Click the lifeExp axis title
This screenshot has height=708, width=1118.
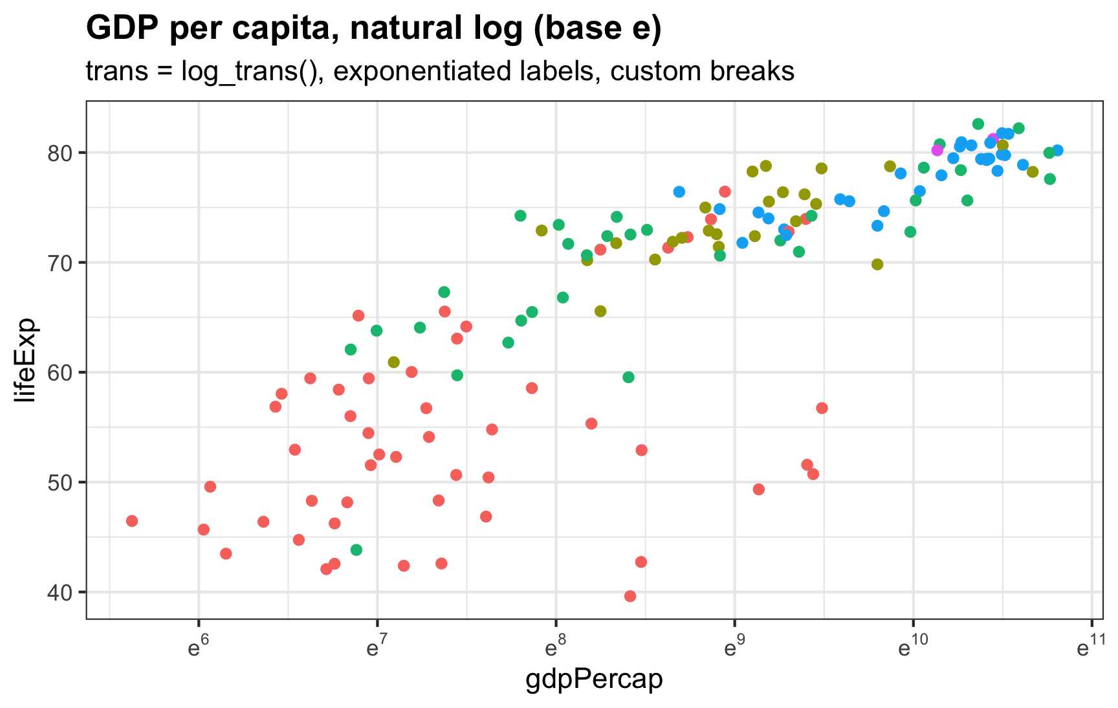[27, 360]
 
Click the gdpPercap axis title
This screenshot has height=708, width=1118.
[594, 680]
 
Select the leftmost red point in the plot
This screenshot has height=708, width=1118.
[132, 521]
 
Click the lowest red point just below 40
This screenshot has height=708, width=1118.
[630, 596]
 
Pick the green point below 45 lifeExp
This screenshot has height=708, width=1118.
[356, 550]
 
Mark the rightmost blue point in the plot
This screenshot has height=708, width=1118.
[1057, 150]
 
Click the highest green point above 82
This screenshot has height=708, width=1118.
[978, 124]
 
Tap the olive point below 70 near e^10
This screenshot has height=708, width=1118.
[877, 264]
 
